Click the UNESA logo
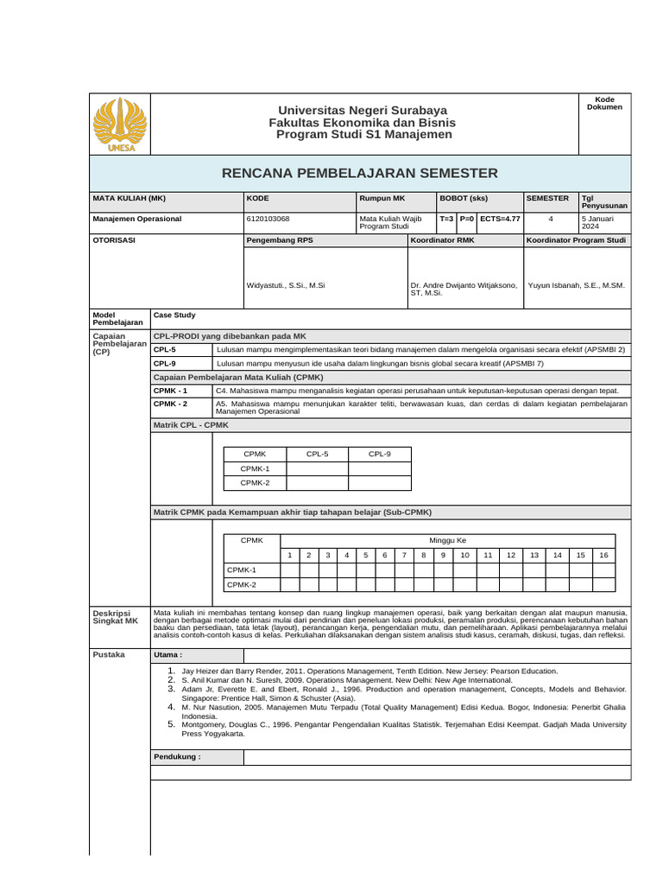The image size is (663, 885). click(120, 124)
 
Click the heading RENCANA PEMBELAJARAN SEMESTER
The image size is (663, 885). click(360, 173)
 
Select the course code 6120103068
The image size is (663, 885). click(268, 220)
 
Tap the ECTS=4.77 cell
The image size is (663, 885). click(500, 220)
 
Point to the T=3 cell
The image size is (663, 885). click(446, 220)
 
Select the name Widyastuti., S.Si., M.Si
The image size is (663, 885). click(286, 284)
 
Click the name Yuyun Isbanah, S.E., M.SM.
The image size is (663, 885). click(576, 284)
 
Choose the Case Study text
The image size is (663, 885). click(174, 315)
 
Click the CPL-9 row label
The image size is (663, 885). click(165, 364)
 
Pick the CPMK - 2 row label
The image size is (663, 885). click(170, 404)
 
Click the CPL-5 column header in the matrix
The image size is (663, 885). click(318, 454)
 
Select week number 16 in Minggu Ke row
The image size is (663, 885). click(603, 555)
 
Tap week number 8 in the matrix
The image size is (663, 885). click(423, 555)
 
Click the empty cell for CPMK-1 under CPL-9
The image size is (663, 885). click(380, 468)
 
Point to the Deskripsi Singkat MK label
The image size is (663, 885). click(115, 616)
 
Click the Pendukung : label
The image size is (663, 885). click(177, 756)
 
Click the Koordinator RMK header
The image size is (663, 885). click(442, 239)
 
